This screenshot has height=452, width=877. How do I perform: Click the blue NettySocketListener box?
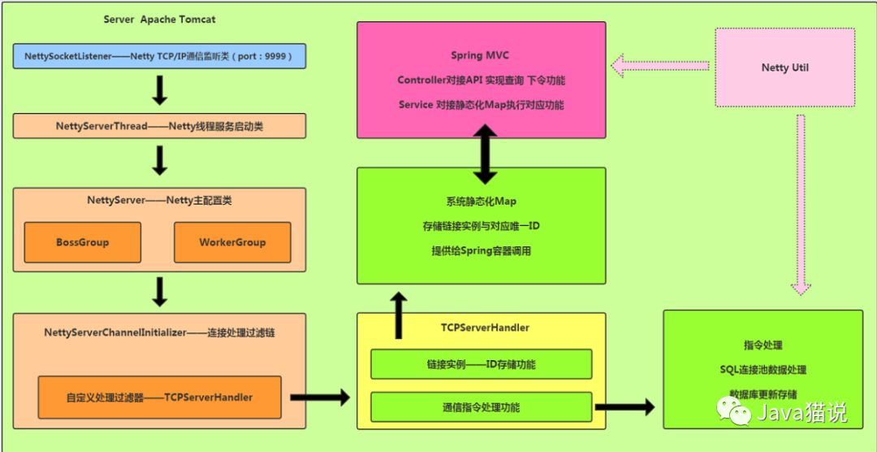tap(159, 57)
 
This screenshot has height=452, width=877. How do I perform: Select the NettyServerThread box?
tap(159, 126)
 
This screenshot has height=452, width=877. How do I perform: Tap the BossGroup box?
tap(82, 242)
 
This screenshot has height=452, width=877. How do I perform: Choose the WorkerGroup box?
tap(232, 242)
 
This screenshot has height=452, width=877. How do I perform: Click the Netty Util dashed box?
tap(785, 67)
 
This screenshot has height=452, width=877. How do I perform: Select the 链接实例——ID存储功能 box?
tap(481, 364)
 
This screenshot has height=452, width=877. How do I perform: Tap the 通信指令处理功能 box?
tap(481, 407)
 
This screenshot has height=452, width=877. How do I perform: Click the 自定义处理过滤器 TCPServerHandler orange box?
tap(159, 398)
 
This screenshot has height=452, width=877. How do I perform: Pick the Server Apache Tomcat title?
tap(160, 19)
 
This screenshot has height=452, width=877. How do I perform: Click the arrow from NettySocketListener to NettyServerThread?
tap(160, 91)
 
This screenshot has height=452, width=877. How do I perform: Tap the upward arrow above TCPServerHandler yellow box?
tap(399, 316)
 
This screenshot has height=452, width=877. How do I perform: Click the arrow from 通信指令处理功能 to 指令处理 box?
tap(624, 405)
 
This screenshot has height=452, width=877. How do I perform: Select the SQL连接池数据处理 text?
tap(763, 370)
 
